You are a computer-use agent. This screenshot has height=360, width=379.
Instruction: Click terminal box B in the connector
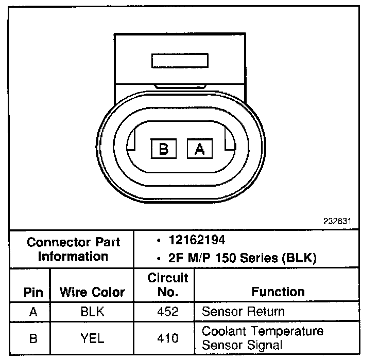coord(164,149)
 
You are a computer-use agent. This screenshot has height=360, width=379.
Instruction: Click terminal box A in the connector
coord(199,149)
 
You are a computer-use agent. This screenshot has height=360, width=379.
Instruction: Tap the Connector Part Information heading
coord(74,249)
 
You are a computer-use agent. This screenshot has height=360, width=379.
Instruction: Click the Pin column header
coord(33,292)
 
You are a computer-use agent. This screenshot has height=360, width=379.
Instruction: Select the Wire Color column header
coord(92,292)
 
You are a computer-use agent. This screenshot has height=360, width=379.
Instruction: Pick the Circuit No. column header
coord(168,285)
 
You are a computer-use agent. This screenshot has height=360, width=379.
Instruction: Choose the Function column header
coord(278,292)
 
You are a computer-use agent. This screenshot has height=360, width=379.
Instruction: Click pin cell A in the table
coord(33,312)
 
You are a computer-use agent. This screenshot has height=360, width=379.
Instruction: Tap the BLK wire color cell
coord(92,312)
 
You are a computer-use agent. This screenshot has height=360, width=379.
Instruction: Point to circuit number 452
coord(168,312)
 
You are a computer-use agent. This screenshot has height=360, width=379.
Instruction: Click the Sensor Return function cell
coord(243,312)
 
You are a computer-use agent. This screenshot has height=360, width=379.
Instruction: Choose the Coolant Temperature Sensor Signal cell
coord(263,337)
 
